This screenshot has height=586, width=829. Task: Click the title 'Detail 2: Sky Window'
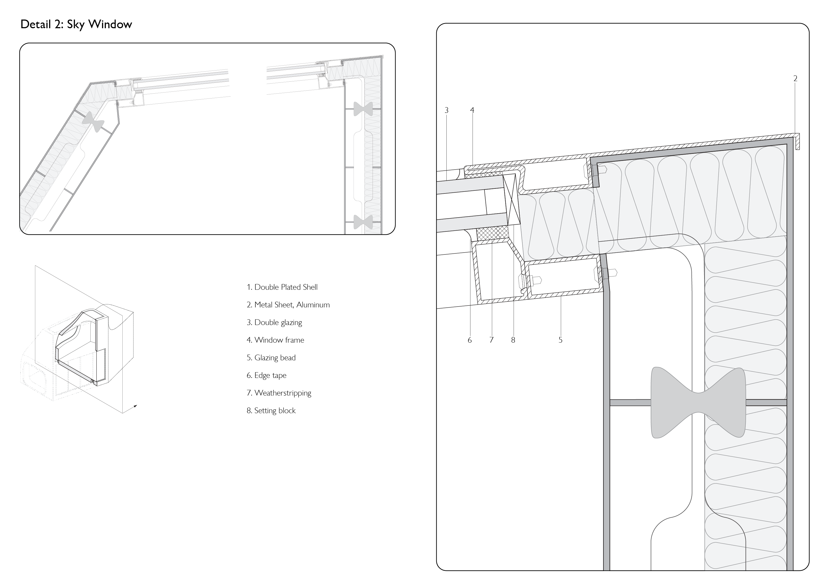click(x=76, y=24)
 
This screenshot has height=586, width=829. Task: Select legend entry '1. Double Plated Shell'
click(x=282, y=287)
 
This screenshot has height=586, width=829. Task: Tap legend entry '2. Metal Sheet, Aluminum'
click(x=288, y=305)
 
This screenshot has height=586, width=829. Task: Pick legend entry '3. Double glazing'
click(x=274, y=322)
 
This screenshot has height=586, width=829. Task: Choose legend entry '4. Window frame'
click(x=275, y=340)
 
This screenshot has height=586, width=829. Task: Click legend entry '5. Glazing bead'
click(x=271, y=358)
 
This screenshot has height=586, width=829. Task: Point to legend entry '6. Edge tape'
click(x=266, y=375)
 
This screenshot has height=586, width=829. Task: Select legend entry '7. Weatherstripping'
click(x=279, y=393)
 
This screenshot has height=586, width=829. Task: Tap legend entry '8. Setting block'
click(x=271, y=410)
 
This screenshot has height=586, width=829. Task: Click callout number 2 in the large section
click(x=795, y=78)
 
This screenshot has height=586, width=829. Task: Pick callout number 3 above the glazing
click(x=446, y=110)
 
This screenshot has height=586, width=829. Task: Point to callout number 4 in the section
click(x=472, y=110)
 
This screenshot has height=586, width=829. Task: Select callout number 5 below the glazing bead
click(x=560, y=340)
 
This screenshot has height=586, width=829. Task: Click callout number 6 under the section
click(x=469, y=340)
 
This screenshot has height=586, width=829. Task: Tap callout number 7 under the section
click(x=491, y=340)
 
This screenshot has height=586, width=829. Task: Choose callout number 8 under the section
click(x=513, y=340)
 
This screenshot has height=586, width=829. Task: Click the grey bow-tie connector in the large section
click(x=698, y=403)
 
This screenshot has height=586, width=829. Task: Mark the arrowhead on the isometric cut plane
click(x=135, y=406)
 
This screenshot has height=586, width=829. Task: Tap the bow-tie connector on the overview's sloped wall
click(x=93, y=122)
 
